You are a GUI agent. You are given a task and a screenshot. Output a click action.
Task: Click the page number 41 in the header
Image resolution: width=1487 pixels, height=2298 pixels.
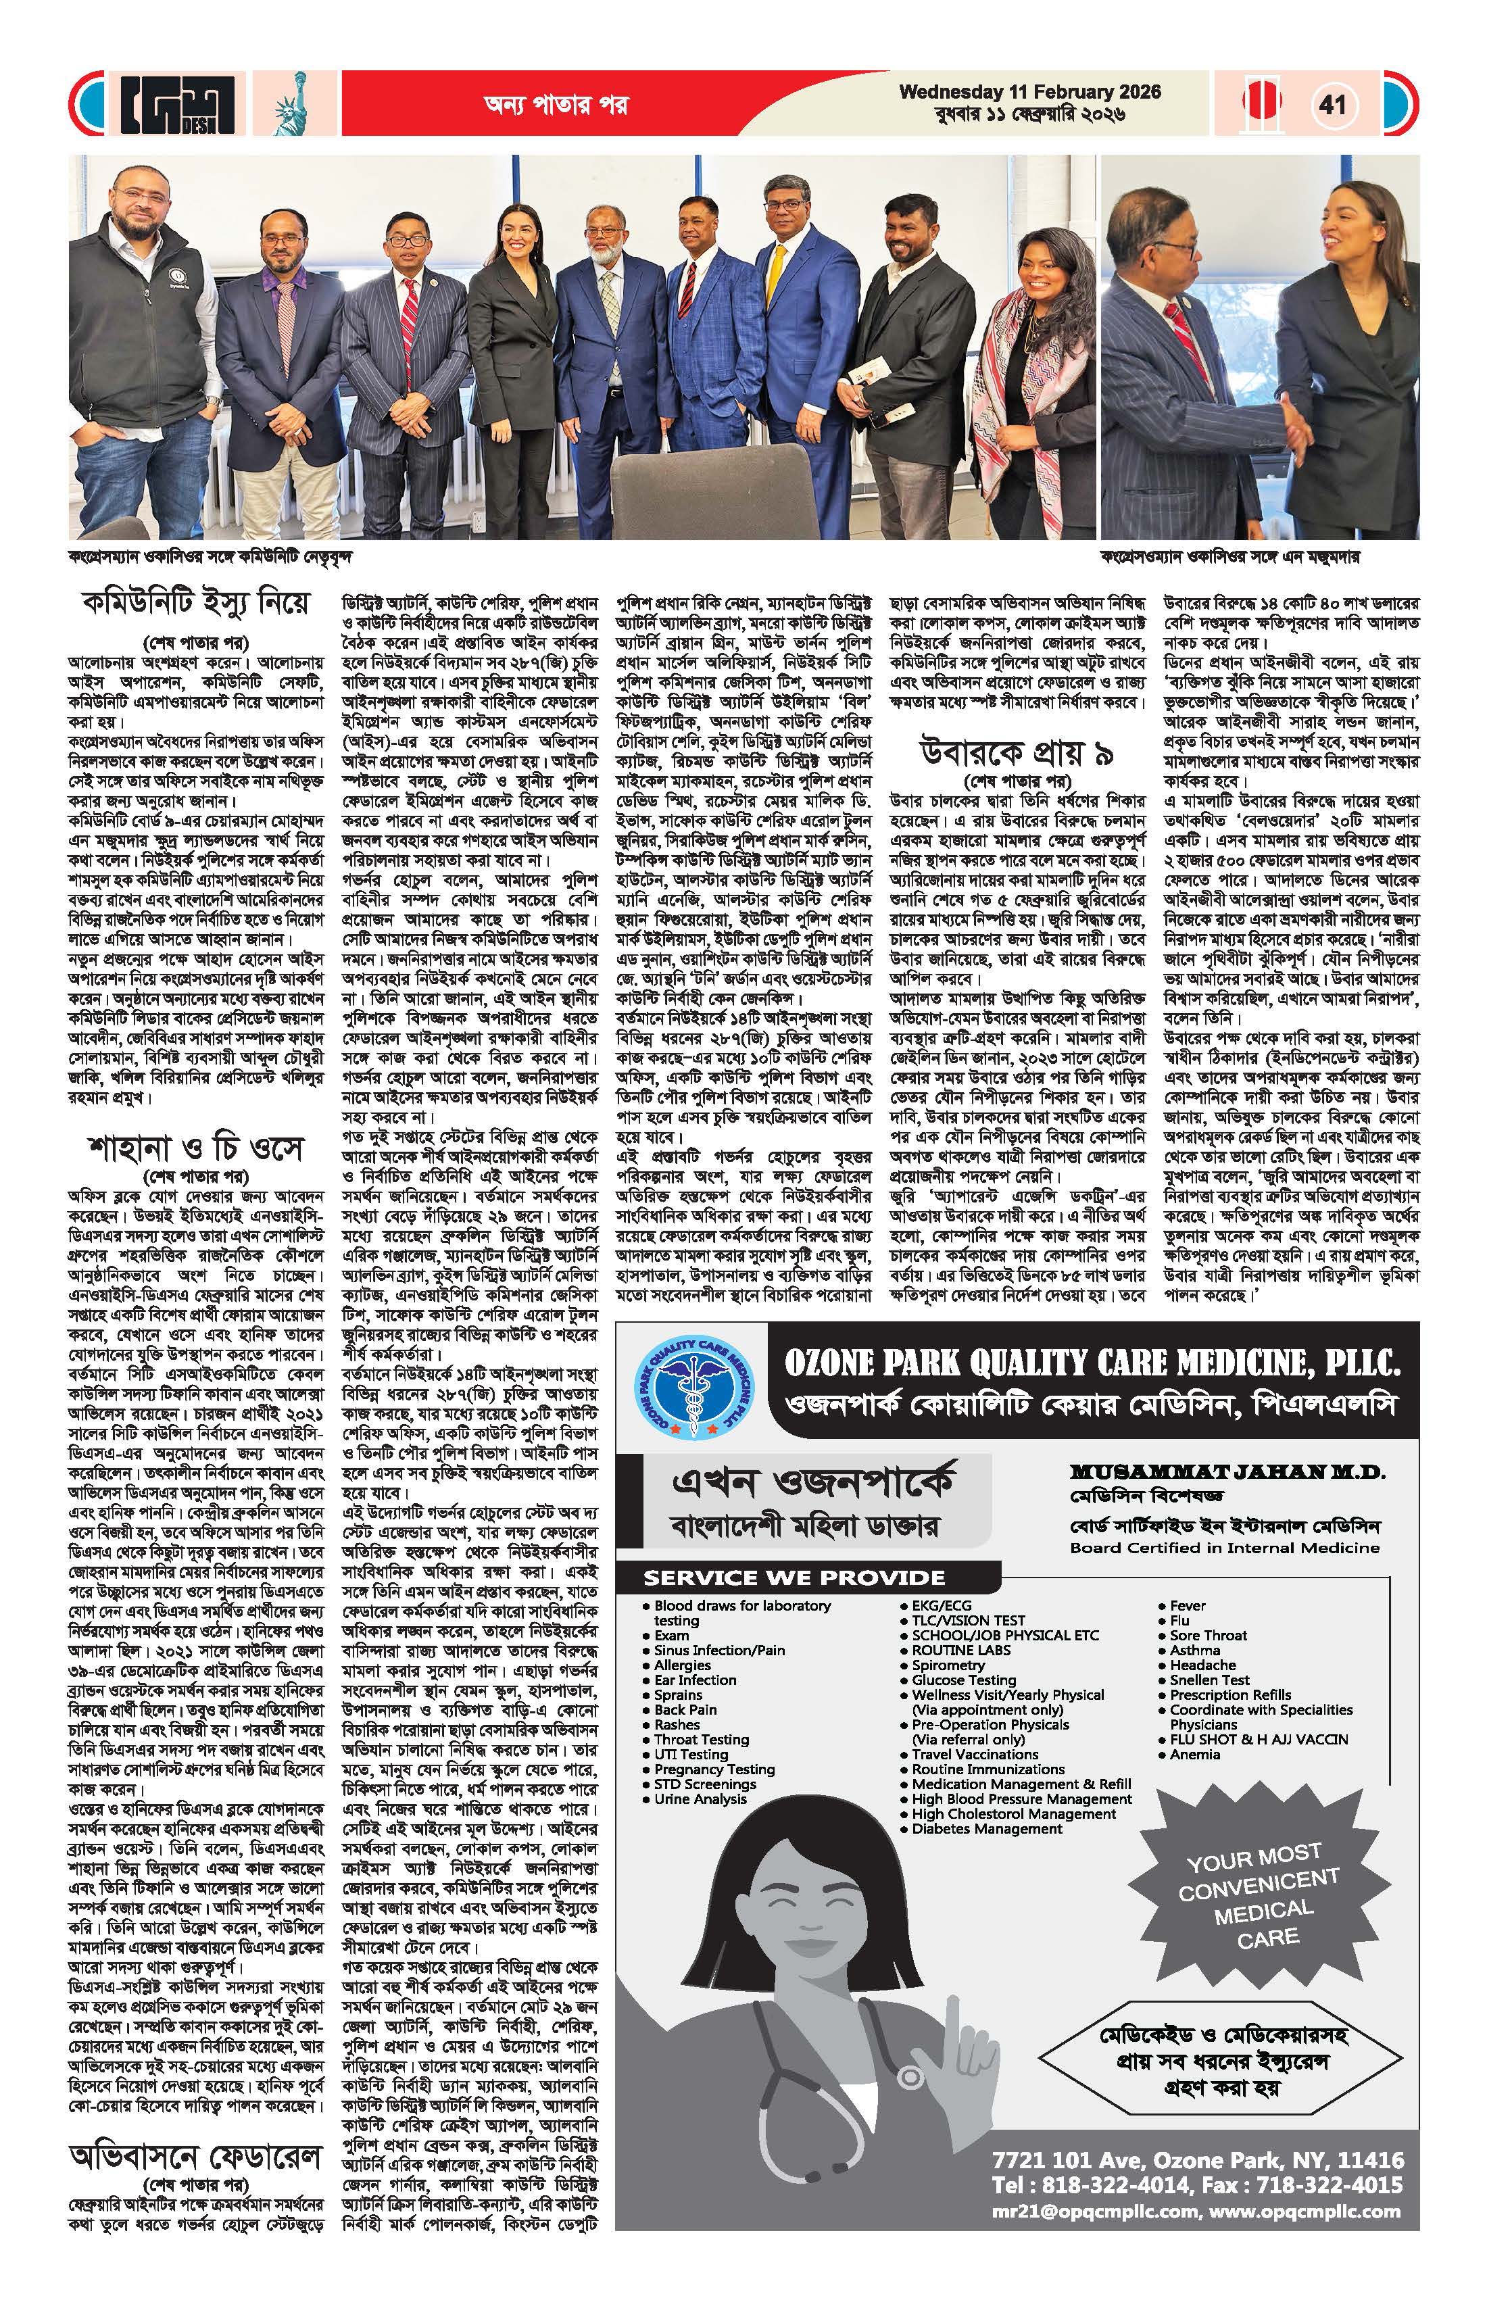1334,103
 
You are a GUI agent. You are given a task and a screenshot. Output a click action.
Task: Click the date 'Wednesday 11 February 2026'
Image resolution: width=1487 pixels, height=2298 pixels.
1029,93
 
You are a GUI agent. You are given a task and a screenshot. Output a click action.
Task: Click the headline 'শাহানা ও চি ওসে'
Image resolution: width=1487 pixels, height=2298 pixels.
196,1149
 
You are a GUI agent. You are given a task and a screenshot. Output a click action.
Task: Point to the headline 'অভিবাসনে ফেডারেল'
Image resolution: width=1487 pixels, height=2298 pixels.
196,2155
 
